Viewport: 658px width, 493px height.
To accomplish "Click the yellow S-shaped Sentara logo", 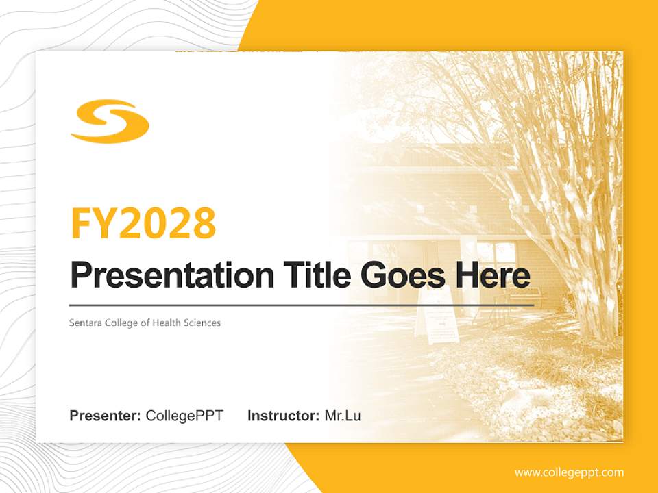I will point(110,122).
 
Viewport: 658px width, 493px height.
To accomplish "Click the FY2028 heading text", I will point(143,223).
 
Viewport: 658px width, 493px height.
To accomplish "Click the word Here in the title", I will point(492,276).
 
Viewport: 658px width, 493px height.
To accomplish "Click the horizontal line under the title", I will point(302,305).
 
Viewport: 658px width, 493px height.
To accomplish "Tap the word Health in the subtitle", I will point(169,323).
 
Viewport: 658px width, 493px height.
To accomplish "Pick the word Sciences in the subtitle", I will point(204,323).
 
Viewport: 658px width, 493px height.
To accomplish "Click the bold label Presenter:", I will point(106,416).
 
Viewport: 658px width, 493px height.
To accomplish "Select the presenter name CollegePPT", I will point(184,416).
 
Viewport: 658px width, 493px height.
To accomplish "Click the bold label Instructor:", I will point(283,416).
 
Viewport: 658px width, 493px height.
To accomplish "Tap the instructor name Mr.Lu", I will point(343,416).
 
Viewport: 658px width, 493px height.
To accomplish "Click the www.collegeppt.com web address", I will point(569,472).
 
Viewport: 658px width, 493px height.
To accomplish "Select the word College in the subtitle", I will point(122,323).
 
